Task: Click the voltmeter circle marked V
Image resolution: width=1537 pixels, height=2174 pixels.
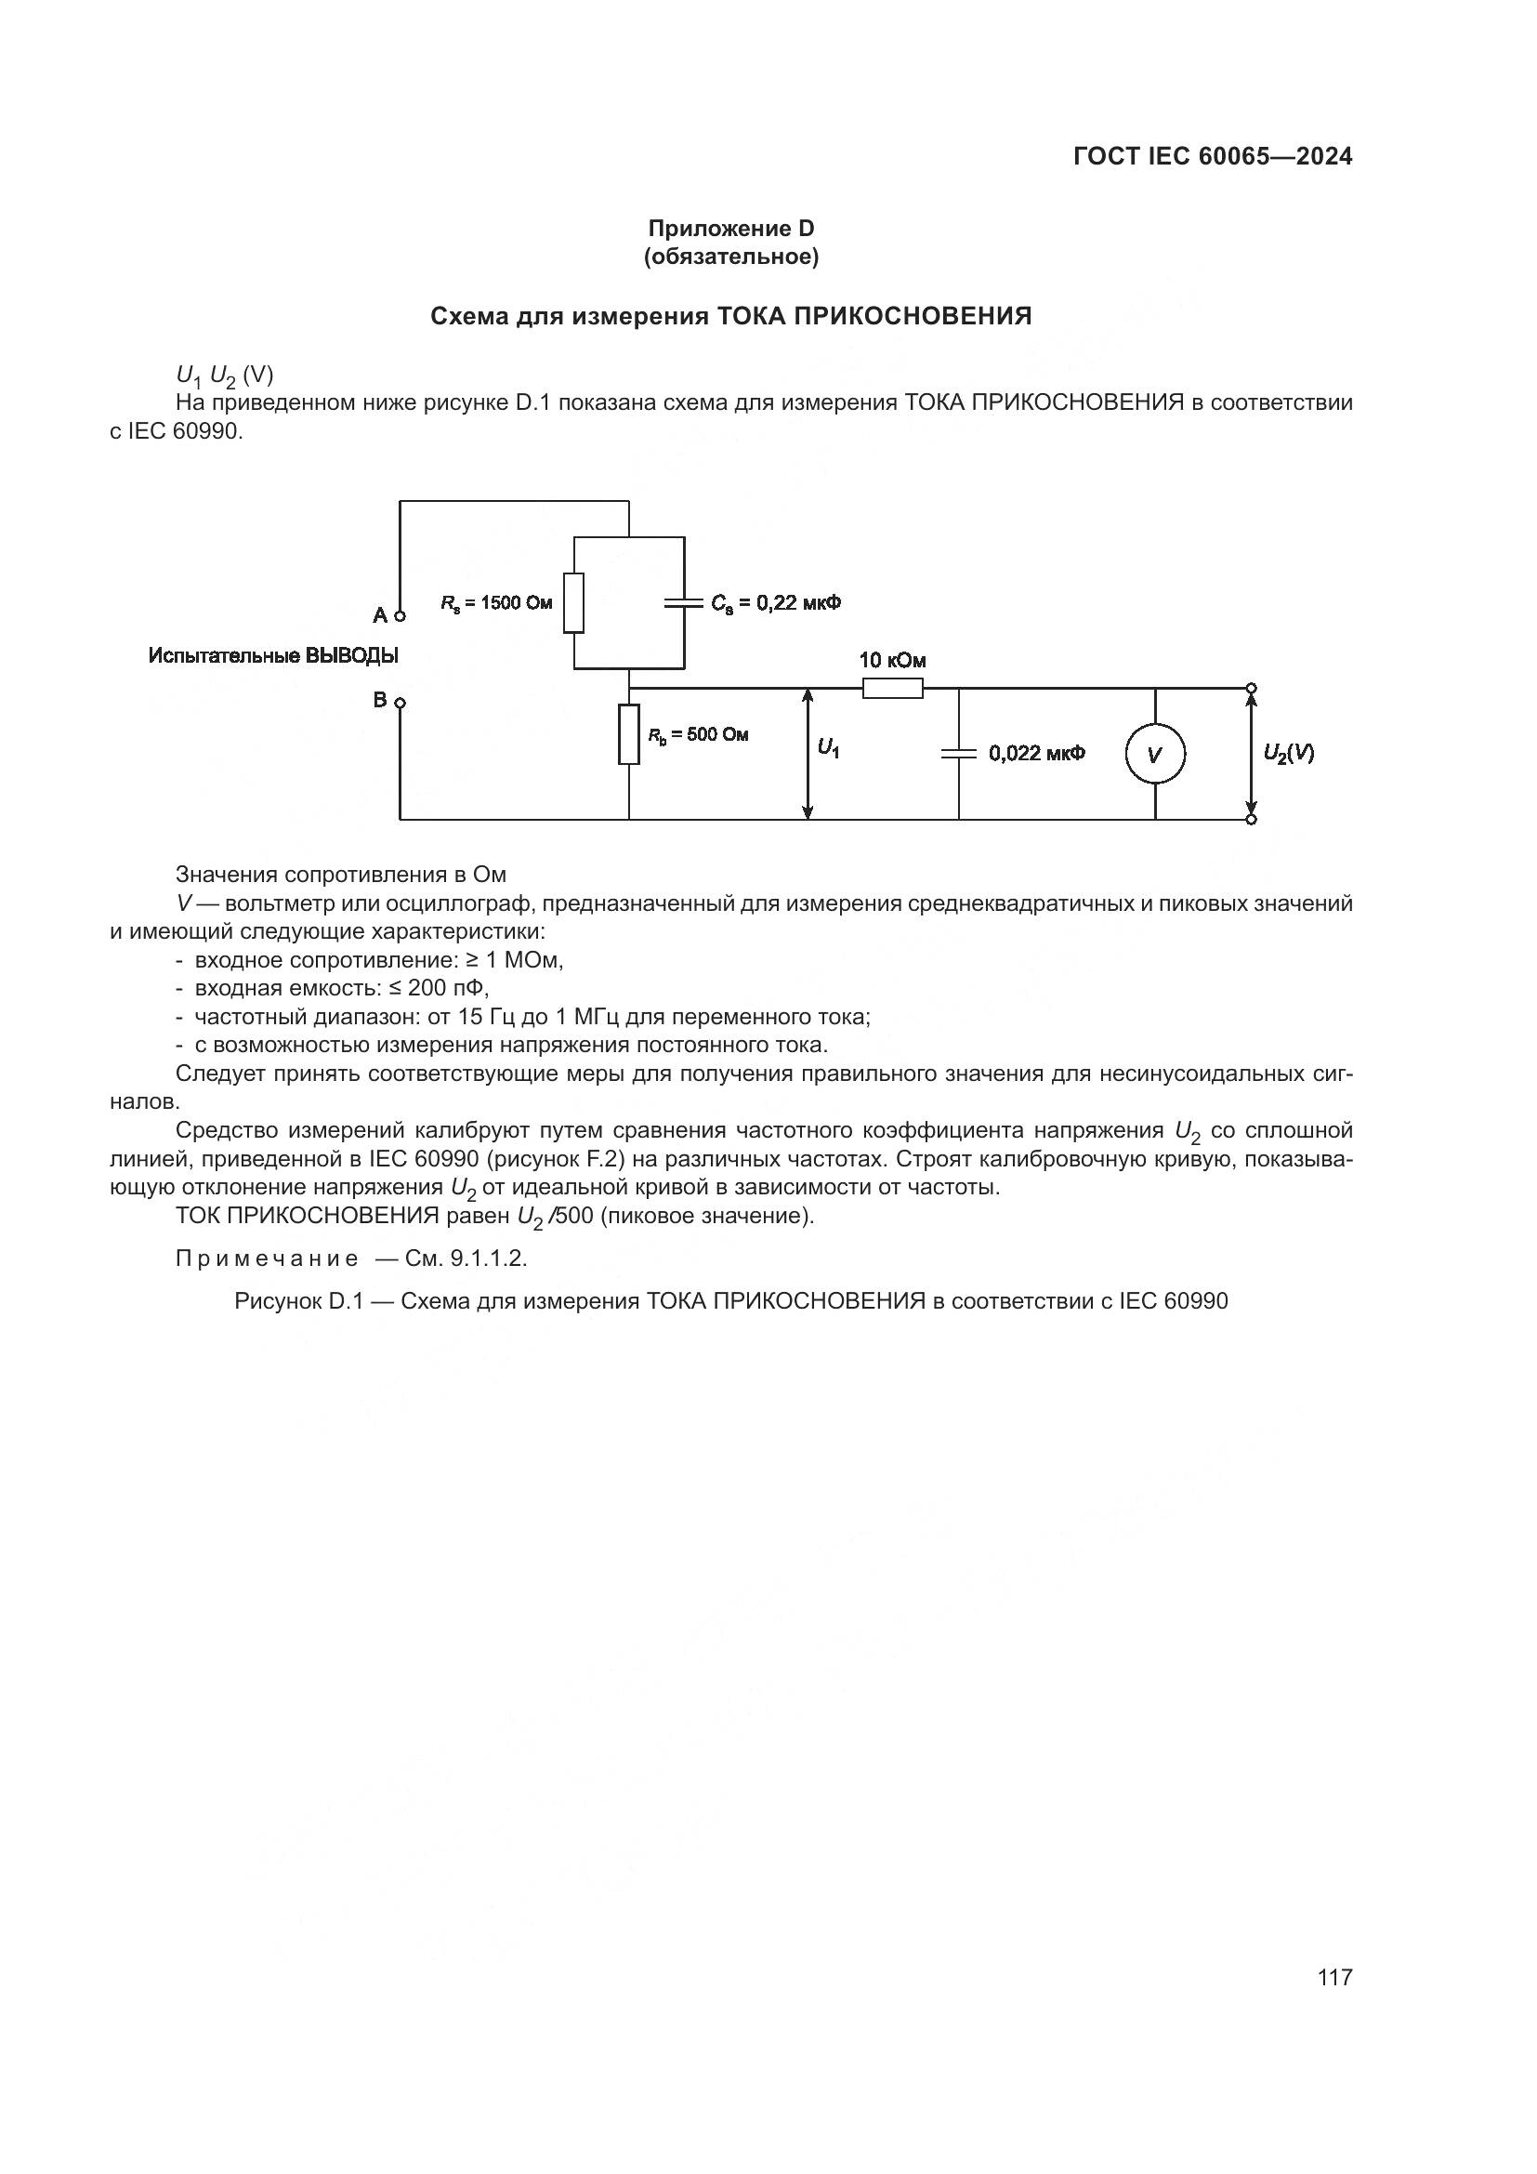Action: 1155,754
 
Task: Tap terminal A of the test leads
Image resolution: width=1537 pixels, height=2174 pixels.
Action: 401,616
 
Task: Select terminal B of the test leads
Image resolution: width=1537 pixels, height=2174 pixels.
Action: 401,703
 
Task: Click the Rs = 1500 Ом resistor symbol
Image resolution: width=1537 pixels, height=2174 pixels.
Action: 573,602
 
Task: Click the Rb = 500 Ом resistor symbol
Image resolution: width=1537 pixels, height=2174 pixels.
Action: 629,734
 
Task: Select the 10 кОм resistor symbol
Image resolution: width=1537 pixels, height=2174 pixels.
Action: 892,689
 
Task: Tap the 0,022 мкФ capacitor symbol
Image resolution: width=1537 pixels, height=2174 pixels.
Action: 959,754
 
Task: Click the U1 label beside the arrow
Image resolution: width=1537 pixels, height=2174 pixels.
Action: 828,749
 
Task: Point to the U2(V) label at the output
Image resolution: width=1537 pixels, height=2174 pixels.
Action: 1288,753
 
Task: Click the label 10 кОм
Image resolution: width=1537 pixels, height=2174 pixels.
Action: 891,660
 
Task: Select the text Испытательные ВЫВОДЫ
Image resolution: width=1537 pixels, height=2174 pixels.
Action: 273,655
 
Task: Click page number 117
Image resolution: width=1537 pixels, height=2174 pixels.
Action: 1334,1977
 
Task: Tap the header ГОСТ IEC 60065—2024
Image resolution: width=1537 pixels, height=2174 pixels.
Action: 1213,157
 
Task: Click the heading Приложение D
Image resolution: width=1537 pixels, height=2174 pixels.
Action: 730,229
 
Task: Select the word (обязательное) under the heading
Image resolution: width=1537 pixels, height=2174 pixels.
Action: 730,257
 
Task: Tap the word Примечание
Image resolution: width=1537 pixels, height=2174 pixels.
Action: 267,1258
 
